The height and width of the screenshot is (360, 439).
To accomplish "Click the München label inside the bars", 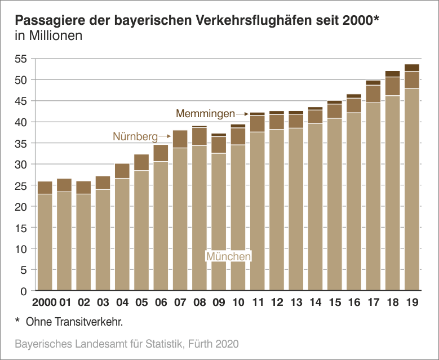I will point(228,256).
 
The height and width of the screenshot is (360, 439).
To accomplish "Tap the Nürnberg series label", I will point(135,136).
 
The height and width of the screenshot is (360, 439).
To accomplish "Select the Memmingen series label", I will point(205,114).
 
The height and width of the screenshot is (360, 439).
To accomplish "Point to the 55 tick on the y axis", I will point(20,59).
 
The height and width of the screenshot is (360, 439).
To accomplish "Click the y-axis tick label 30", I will point(20,165).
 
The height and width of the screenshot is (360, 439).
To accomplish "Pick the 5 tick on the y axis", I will point(24,270).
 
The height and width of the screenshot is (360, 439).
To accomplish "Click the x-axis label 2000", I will point(45,303).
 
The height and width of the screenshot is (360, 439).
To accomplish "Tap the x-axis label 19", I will point(411,303).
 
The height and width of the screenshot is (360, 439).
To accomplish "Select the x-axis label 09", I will point(219,303).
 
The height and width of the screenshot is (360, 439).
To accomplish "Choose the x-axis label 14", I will point(315,303).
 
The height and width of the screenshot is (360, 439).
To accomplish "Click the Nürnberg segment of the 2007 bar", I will point(180,139).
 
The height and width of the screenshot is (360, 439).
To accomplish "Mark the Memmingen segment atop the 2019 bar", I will point(411,68).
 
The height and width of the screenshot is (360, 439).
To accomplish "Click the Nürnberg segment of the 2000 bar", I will point(45,188).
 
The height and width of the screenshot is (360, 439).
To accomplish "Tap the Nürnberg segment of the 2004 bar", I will point(122,171).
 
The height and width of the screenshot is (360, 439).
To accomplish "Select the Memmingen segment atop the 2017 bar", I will point(373,83).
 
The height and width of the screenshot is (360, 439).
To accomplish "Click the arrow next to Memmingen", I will point(242,114).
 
